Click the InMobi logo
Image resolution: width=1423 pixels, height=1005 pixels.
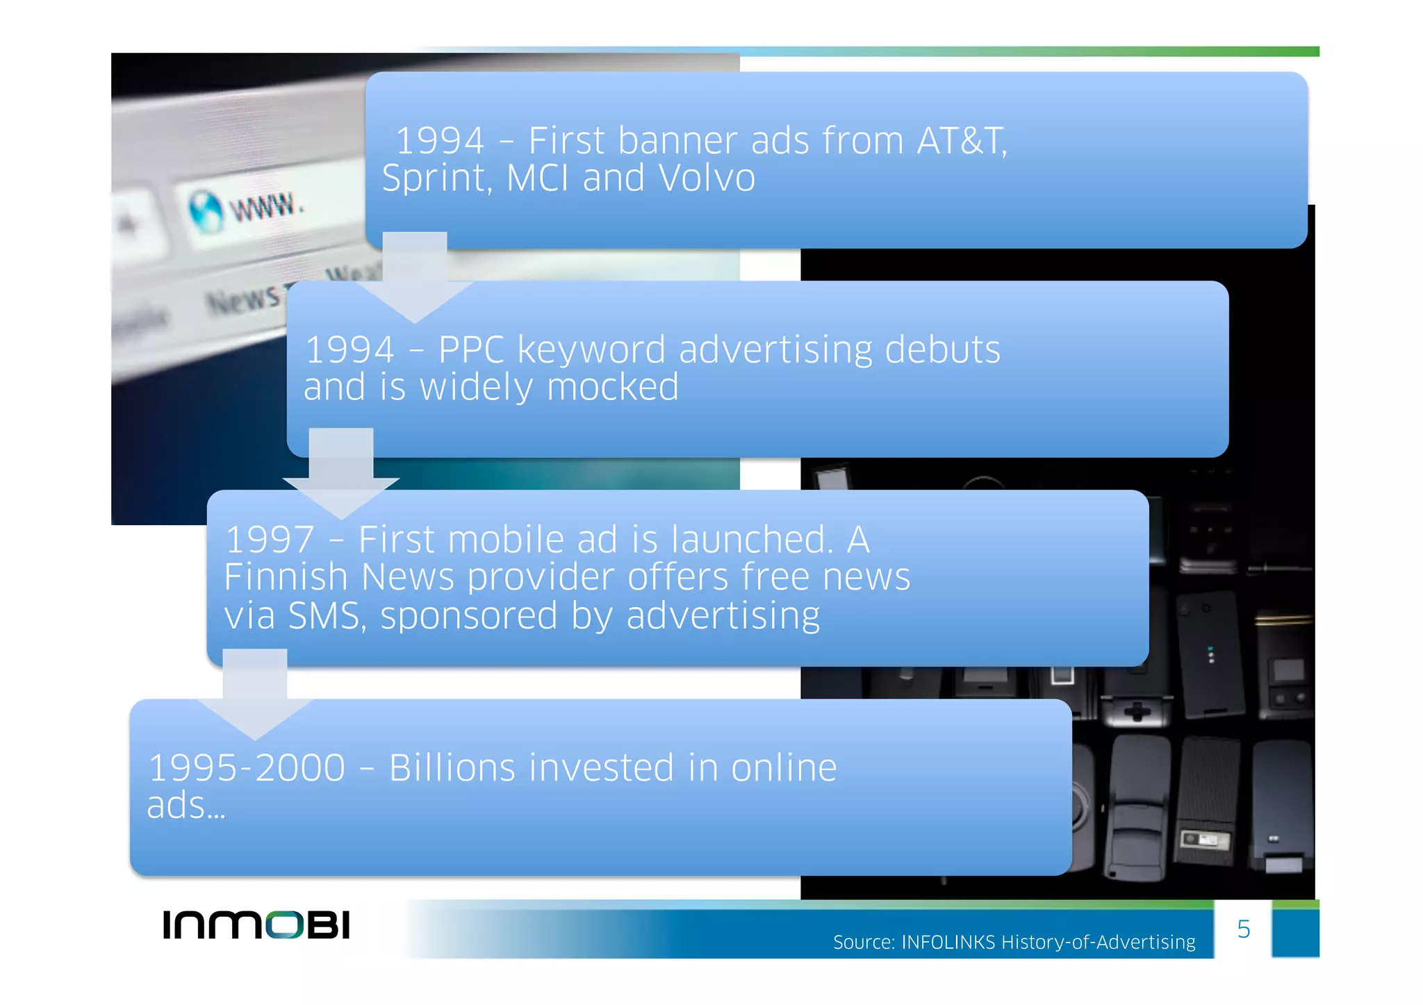click(256, 924)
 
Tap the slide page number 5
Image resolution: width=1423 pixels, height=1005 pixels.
click(1243, 929)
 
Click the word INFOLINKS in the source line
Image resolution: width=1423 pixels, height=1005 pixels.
click(948, 942)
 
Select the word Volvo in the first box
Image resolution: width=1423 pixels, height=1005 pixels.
click(707, 178)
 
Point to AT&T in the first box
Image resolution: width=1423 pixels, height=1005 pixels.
click(961, 141)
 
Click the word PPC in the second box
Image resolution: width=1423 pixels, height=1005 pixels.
click(471, 349)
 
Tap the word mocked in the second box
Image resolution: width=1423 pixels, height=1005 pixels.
click(612, 388)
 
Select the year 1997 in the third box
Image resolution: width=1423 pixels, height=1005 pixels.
click(270, 540)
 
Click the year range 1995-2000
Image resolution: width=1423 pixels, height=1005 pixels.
click(247, 768)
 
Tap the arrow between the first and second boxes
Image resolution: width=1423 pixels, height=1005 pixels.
click(415, 278)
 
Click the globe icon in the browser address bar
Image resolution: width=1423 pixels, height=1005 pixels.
click(206, 211)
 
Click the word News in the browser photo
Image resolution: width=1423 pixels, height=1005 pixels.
click(243, 301)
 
